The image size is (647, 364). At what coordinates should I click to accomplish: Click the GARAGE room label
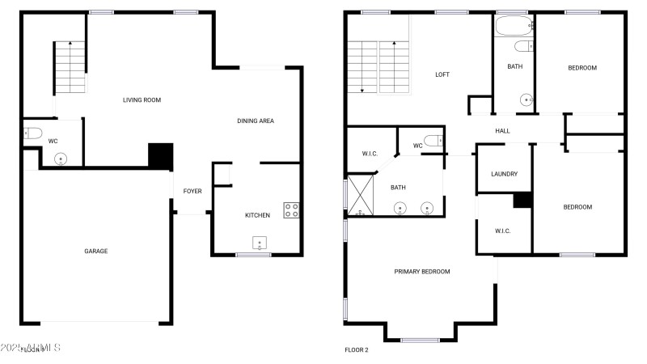[x=96, y=251]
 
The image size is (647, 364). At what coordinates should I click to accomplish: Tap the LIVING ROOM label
[x=142, y=100]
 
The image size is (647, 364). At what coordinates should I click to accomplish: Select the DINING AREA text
[x=256, y=121]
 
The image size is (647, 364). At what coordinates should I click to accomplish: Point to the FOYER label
[x=192, y=191]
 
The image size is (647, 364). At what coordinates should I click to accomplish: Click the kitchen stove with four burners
[x=292, y=210]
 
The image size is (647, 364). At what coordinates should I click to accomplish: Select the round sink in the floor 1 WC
[x=61, y=159]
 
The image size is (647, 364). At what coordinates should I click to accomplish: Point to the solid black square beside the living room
[x=161, y=156]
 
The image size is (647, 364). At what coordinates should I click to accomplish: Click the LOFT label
[x=442, y=74]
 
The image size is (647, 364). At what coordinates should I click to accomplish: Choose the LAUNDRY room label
[x=504, y=174]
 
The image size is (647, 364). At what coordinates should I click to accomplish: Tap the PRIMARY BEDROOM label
[x=422, y=271]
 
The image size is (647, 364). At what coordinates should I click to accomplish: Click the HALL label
[x=502, y=129]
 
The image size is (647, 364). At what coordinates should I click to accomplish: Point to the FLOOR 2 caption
[x=357, y=350]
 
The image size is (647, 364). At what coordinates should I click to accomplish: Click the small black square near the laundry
[x=522, y=200]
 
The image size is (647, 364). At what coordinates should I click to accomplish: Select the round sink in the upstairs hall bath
[x=526, y=100]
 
